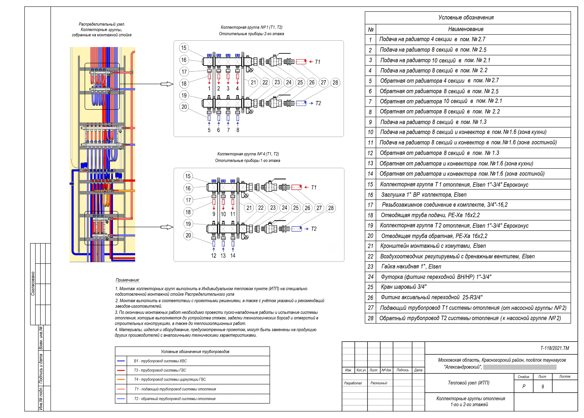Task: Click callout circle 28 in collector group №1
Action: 335,83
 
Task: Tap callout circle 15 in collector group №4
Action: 188,176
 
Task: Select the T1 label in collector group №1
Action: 318,62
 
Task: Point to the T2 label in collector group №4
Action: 314,229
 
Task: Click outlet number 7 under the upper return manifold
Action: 228,130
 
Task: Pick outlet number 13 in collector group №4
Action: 223,256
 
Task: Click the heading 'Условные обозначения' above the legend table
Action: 466,18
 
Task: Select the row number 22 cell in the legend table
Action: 370,256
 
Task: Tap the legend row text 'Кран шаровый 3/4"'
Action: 404,287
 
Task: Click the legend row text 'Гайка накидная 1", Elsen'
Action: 411,266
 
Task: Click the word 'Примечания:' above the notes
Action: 127,280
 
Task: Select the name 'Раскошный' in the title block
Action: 379,383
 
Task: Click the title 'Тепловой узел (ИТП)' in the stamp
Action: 468,383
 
